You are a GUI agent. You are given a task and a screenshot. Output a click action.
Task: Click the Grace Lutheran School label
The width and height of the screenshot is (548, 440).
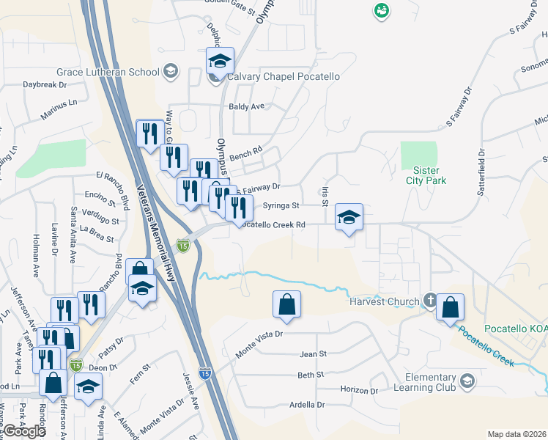tap(108, 72)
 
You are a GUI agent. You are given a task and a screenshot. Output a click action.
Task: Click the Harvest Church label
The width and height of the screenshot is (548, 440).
tap(385, 301)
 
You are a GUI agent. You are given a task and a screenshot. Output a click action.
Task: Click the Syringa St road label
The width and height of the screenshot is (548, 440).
tap(281, 206)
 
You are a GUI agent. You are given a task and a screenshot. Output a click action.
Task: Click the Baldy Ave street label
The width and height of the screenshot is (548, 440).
tap(246, 106)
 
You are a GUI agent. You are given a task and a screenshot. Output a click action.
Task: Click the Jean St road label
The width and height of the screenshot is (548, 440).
tap(312, 353)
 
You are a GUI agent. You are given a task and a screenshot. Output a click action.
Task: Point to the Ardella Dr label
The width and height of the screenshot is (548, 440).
tap(307, 404)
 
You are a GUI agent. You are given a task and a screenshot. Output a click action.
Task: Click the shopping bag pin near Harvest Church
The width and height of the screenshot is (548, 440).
tap(451, 309)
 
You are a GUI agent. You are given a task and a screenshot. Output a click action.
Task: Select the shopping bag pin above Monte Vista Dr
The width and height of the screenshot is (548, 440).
tap(286, 304)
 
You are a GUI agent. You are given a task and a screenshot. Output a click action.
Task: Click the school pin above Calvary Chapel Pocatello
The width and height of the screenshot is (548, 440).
tap(219, 61)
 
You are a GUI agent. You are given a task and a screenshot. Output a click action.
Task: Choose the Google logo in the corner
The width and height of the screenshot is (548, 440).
tap(24, 431)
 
